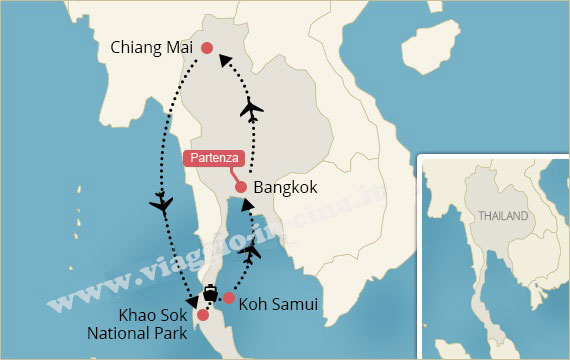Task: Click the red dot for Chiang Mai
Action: (207, 48)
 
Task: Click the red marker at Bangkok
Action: (240, 187)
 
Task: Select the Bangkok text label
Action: (286, 187)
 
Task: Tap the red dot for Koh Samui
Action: (229, 298)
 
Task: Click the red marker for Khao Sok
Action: (203, 315)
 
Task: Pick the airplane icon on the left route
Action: (161, 206)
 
